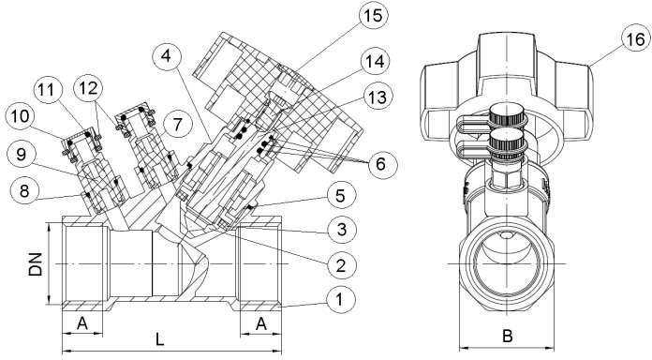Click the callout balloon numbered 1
[x=341, y=300]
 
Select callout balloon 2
[x=341, y=264]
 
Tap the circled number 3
[x=341, y=230]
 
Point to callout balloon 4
[x=167, y=56]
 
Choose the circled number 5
[x=341, y=195]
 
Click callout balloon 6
[x=381, y=164]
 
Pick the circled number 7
[x=178, y=125]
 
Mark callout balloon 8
[x=23, y=191]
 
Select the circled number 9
[x=22, y=155]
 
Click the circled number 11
[x=48, y=90]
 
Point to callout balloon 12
[x=88, y=88]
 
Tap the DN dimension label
[x=36, y=264]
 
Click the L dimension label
[x=160, y=339]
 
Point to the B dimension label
[x=508, y=337]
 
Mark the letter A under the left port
[x=82, y=323]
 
